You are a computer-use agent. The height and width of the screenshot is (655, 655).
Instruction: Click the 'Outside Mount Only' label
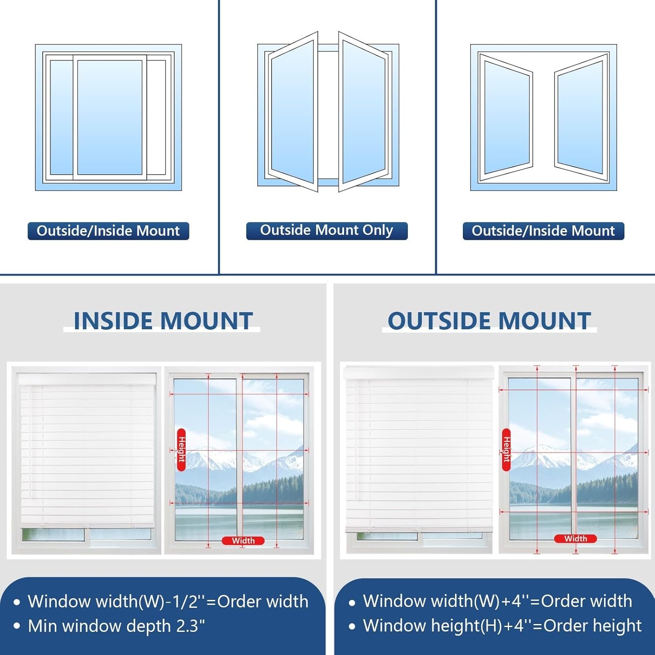click(x=327, y=231)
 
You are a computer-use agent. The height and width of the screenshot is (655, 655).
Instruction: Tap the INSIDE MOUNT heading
click(x=163, y=321)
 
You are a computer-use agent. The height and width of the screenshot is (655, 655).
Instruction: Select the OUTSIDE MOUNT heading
click(x=489, y=321)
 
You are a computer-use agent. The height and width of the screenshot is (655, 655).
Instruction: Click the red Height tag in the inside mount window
click(x=181, y=450)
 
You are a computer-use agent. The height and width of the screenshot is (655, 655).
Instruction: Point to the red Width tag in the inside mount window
click(x=243, y=541)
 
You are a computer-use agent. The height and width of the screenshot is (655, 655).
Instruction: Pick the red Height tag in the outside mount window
click(x=507, y=450)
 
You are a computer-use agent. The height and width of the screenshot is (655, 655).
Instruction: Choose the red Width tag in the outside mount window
click(x=576, y=539)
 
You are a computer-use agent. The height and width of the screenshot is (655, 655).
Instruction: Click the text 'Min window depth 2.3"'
click(x=116, y=626)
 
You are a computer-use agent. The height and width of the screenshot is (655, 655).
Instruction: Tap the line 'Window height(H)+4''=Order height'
click(x=502, y=626)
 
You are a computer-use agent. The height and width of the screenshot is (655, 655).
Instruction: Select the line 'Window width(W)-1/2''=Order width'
click(x=168, y=601)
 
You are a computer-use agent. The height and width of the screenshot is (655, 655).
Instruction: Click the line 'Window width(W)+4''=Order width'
click(x=498, y=601)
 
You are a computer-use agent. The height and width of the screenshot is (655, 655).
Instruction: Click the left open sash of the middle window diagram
click(x=293, y=112)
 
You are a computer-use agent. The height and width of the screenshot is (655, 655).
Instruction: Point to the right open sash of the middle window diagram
click(x=363, y=112)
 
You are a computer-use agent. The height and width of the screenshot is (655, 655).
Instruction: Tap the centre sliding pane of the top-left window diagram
click(x=110, y=117)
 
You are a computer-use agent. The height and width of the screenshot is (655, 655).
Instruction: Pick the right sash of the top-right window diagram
click(x=582, y=117)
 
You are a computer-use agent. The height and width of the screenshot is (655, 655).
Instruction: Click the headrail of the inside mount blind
click(x=87, y=378)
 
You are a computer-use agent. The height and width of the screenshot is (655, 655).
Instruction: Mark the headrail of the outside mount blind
click(x=419, y=372)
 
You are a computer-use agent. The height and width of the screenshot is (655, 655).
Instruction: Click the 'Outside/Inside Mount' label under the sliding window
click(x=108, y=231)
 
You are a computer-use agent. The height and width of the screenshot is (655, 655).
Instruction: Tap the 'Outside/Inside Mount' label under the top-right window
click(x=543, y=231)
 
